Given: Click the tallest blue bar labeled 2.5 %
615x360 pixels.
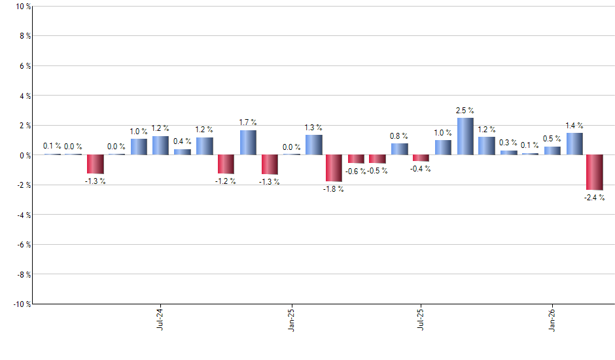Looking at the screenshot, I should (x=465, y=136).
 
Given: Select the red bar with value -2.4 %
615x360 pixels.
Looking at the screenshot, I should (x=595, y=172).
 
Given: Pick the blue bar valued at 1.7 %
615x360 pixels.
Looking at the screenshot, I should (x=248, y=143).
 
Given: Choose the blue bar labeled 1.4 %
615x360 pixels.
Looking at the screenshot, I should (x=574, y=144).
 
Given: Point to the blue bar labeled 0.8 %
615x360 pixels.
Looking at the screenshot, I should (x=400, y=149).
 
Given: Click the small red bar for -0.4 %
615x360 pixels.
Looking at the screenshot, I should (x=421, y=158).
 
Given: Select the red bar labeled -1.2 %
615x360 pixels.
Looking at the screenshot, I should (x=226, y=164).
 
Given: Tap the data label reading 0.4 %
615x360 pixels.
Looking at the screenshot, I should (x=183, y=141).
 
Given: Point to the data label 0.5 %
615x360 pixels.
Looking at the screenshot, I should (x=552, y=139).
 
